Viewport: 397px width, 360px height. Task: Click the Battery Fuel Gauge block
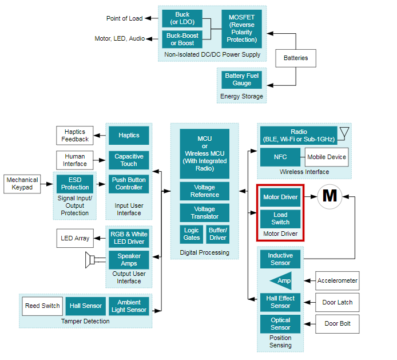[242, 80]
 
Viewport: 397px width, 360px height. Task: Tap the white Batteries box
[296, 58]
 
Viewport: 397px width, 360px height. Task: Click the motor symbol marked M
[329, 196]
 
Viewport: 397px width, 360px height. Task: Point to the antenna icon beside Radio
[343, 133]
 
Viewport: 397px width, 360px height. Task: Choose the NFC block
[280, 157]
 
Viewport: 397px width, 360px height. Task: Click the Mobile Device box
[327, 157]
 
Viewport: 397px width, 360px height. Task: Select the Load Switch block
[280, 219]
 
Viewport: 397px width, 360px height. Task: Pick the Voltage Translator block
[204, 213]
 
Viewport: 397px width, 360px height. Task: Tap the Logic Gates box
[192, 234]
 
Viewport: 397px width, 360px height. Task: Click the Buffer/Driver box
[218, 234]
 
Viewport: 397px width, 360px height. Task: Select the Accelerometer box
[338, 281]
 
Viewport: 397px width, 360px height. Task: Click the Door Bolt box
[338, 324]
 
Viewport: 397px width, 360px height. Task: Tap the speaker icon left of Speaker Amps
[90, 260]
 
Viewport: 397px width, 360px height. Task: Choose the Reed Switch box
[42, 306]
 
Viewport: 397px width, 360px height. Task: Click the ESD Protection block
[75, 184]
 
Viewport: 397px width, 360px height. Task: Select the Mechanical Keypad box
[22, 184]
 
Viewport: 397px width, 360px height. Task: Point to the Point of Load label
[124, 18]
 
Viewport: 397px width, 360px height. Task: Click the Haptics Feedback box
[75, 136]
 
